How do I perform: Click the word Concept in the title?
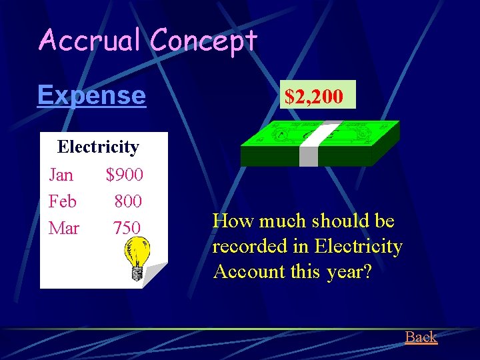pyautogui.click(x=203, y=41)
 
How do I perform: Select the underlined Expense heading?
pyautogui.click(x=91, y=95)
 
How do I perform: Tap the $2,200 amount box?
pyautogui.click(x=314, y=96)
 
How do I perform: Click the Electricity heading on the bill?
pyautogui.click(x=98, y=147)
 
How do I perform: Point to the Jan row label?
pyautogui.click(x=61, y=175)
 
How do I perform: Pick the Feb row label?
pyautogui.click(x=63, y=201)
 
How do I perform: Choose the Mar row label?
pyautogui.click(x=64, y=228)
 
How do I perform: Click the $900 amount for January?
pyautogui.click(x=124, y=175)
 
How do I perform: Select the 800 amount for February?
pyautogui.click(x=127, y=201)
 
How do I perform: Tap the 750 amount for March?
pyautogui.click(x=127, y=228)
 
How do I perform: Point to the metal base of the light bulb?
pyautogui.click(x=137, y=273)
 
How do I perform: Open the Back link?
pyautogui.click(x=421, y=337)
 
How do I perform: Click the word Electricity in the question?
pyautogui.click(x=358, y=247)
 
